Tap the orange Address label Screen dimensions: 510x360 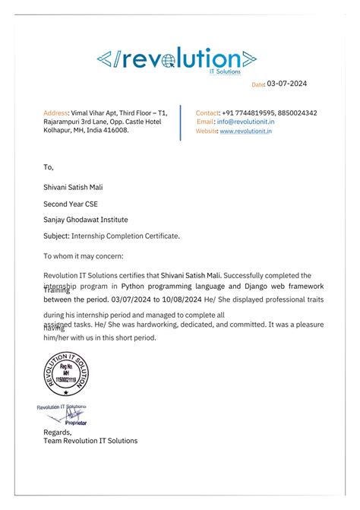tap(55, 112)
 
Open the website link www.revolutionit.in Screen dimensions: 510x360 tap(246, 131)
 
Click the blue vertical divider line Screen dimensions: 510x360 tap(180, 122)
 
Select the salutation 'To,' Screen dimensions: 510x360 tap(49, 166)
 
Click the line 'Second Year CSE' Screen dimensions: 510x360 tap(71, 204)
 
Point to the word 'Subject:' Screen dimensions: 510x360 tap(58, 236)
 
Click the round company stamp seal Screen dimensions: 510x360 tap(66, 375)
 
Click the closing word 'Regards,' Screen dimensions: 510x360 tap(57, 432)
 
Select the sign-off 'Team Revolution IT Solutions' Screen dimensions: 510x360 tap(90, 441)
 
